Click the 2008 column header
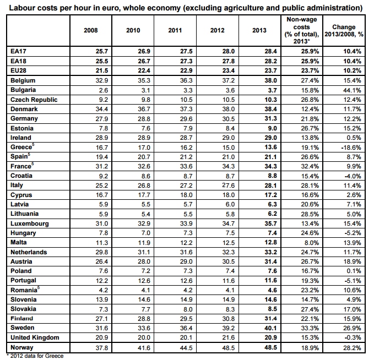(91, 30)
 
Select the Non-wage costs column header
(301, 30)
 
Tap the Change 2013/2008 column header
(344, 30)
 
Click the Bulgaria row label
(23, 90)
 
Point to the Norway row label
(21, 347)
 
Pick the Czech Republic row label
(34, 100)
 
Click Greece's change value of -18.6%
(351, 148)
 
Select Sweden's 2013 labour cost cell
(270, 328)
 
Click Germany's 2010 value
(144, 119)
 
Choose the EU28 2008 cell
(102, 70)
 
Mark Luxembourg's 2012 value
(228, 223)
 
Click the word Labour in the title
(20, 8)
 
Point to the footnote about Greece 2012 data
(35, 356)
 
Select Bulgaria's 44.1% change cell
(352, 90)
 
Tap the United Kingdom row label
(35, 337)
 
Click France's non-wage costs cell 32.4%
(310, 166)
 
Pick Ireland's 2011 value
(186, 138)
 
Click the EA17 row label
(18, 51)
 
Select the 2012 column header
(217, 30)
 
